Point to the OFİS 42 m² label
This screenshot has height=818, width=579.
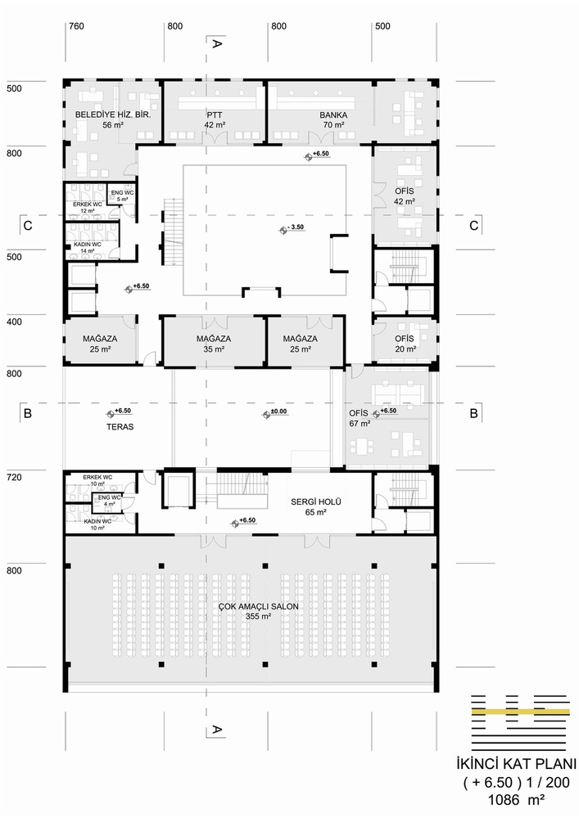[405, 196]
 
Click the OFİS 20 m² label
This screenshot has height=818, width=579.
[405, 344]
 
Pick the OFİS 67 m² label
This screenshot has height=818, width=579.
[360, 418]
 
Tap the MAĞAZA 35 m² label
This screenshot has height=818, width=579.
[214, 344]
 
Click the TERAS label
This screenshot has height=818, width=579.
[120, 427]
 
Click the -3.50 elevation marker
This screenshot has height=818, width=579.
[292, 228]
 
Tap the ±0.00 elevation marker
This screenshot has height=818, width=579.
[275, 412]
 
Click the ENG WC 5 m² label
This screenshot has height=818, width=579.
[122, 196]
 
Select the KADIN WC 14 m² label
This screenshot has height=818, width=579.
[87, 247]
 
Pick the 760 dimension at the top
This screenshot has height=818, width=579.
[76, 26]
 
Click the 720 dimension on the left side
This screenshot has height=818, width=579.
[14, 478]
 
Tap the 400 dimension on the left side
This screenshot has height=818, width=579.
[14, 321]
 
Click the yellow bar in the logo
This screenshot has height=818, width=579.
[520, 712]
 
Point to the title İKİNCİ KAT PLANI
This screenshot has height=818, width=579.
[516, 764]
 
